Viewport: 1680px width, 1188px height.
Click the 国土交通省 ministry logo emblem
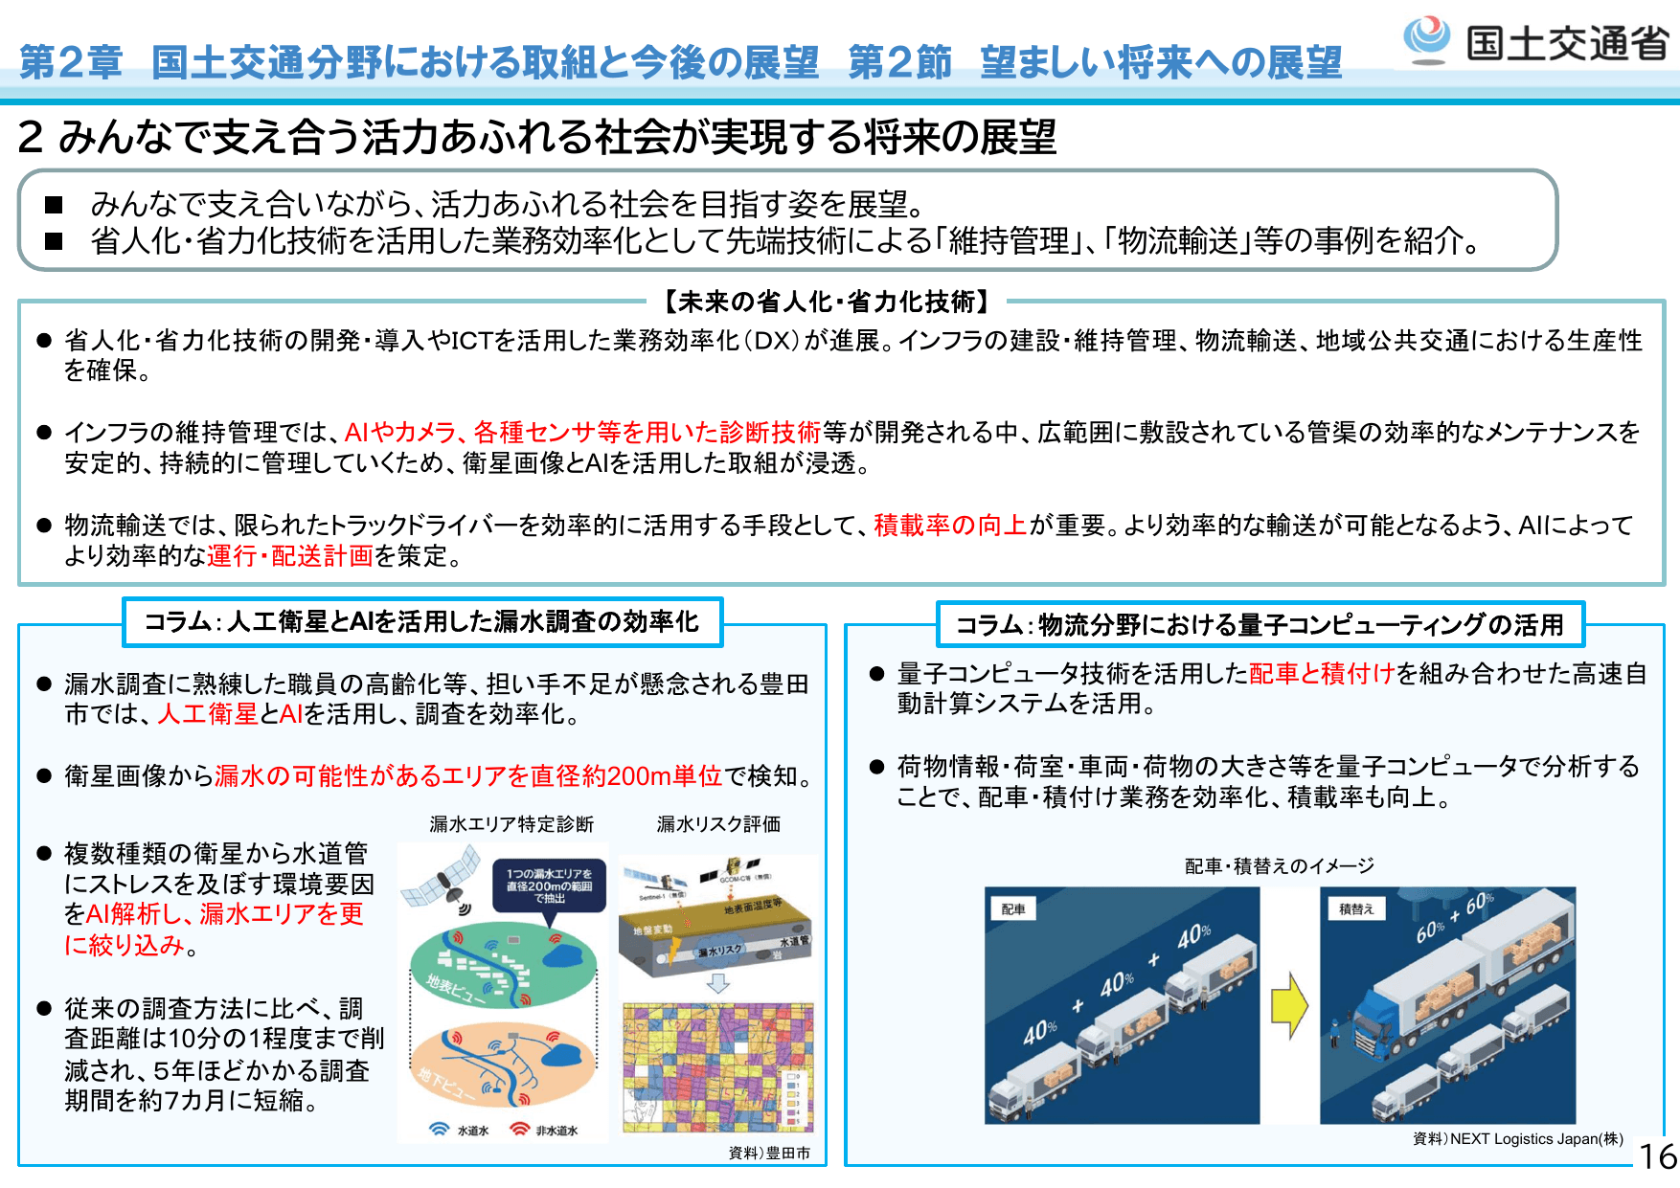coord(1427,40)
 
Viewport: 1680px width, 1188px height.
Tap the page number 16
coord(1658,1156)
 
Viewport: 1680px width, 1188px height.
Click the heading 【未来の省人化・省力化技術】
coord(827,303)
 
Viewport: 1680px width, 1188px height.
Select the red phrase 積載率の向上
coord(950,525)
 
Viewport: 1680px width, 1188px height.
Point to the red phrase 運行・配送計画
coord(290,556)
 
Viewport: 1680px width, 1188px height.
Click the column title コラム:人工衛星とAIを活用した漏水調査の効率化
coord(421,622)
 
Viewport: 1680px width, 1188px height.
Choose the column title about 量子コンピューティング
coord(1260,625)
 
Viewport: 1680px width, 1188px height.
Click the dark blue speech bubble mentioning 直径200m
coord(549,886)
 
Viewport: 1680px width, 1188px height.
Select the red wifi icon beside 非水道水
coord(520,1129)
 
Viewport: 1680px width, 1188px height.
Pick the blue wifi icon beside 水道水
coord(440,1129)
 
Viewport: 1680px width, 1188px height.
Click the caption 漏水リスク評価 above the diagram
coord(718,824)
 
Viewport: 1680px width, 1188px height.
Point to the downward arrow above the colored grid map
coord(717,984)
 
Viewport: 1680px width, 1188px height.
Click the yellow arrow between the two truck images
coord(1289,1005)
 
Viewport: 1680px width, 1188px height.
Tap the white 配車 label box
coord(1013,908)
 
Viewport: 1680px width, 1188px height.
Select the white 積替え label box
coord(1355,908)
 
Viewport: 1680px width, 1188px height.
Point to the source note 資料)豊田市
coord(769,1153)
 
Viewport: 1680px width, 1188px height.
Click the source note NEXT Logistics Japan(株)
coord(1517,1138)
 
